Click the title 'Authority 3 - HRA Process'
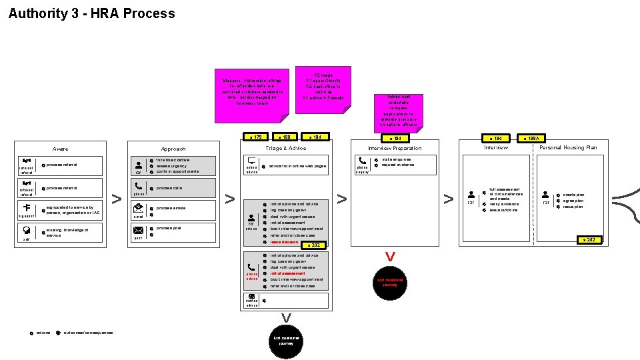click(91, 13)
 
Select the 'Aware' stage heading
click(60, 149)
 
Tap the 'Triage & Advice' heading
click(285, 148)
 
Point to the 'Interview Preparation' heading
click(395, 149)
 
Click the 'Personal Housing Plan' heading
click(568, 147)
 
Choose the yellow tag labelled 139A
click(532, 138)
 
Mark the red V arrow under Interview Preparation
click(391, 257)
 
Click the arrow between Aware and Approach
click(116, 199)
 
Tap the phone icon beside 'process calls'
click(138, 187)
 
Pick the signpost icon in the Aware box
click(26, 207)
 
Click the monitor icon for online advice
click(252, 161)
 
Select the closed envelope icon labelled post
click(138, 230)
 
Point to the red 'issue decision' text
click(284, 242)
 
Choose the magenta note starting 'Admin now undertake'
click(398, 111)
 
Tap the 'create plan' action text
click(573, 195)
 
